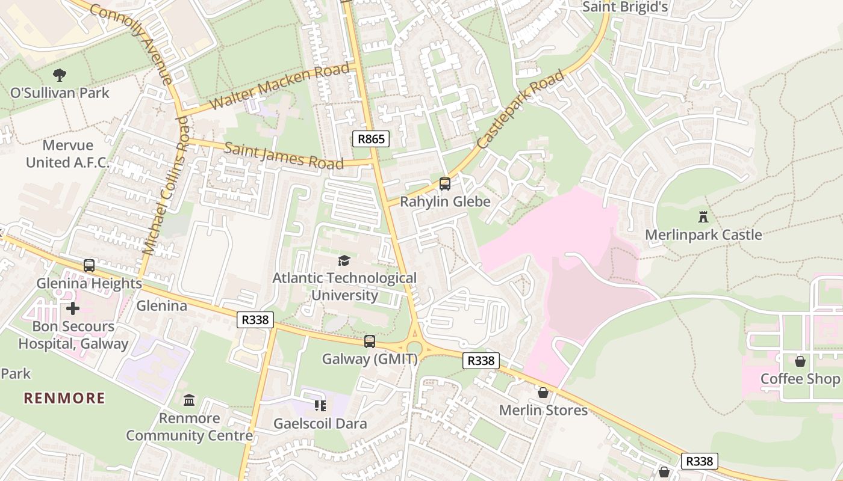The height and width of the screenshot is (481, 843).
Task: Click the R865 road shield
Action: pyautogui.click(x=370, y=139)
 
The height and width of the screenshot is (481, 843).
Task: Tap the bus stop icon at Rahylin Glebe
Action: pyautogui.click(x=444, y=184)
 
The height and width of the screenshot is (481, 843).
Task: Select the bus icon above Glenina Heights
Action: pyautogui.click(x=89, y=265)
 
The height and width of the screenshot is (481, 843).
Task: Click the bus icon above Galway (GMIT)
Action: pyautogui.click(x=370, y=341)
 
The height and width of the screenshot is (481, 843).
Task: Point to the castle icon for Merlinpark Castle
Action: pyautogui.click(x=703, y=216)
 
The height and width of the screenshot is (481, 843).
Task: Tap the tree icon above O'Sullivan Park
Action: pyautogui.click(x=60, y=75)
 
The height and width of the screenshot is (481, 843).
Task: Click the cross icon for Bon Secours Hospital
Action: pyautogui.click(x=73, y=308)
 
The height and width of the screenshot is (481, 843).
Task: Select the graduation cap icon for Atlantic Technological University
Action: pyautogui.click(x=344, y=260)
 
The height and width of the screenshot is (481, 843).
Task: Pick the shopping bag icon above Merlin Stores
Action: pyautogui.click(x=543, y=393)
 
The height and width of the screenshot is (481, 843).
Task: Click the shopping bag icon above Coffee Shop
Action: pyautogui.click(x=800, y=361)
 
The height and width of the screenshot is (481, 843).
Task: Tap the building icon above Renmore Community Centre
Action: pyautogui.click(x=189, y=400)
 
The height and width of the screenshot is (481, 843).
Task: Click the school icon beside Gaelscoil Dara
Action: pyautogui.click(x=320, y=406)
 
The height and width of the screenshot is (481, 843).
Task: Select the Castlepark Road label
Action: pyautogui.click(x=521, y=109)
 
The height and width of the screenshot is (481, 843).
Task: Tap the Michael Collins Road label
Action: pyautogui.click(x=166, y=185)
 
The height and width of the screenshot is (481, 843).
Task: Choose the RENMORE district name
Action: pyautogui.click(x=64, y=398)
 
